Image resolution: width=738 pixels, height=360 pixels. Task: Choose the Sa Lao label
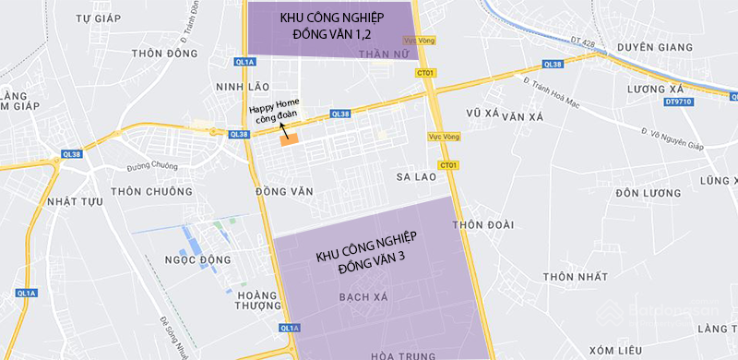[416, 176]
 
